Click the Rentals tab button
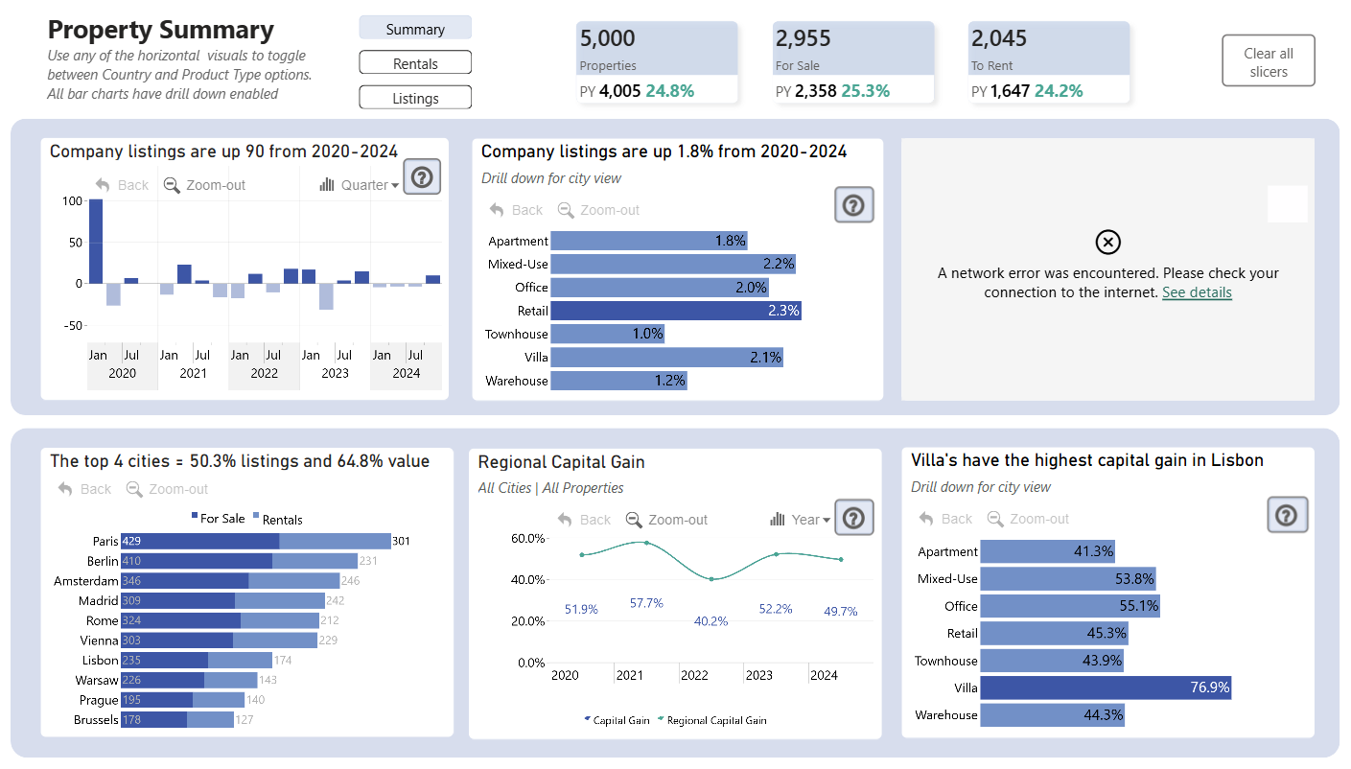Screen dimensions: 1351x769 pos(415,62)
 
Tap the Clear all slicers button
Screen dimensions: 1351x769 pos(1268,61)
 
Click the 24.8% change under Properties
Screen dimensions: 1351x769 pos(669,91)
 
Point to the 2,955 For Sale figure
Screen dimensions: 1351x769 pos(803,38)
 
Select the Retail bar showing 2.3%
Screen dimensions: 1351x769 pos(675,311)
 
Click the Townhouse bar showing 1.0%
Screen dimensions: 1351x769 pos(607,334)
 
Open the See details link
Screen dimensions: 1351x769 pos(1197,292)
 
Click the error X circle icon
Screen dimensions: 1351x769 pos(1108,243)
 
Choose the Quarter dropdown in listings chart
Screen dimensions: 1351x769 pos(360,184)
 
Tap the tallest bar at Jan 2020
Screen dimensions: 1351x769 pos(96,242)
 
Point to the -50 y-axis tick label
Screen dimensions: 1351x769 pos(73,326)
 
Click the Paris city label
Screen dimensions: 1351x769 pos(105,541)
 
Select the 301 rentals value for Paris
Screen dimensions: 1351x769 pos(401,541)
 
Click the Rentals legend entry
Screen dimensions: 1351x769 pos(278,520)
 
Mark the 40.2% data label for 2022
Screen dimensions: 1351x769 pos(711,621)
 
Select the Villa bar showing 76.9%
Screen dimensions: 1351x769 pos(1106,687)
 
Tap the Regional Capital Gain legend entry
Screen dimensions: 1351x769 pos(712,720)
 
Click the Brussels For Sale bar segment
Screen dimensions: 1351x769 pos(153,719)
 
